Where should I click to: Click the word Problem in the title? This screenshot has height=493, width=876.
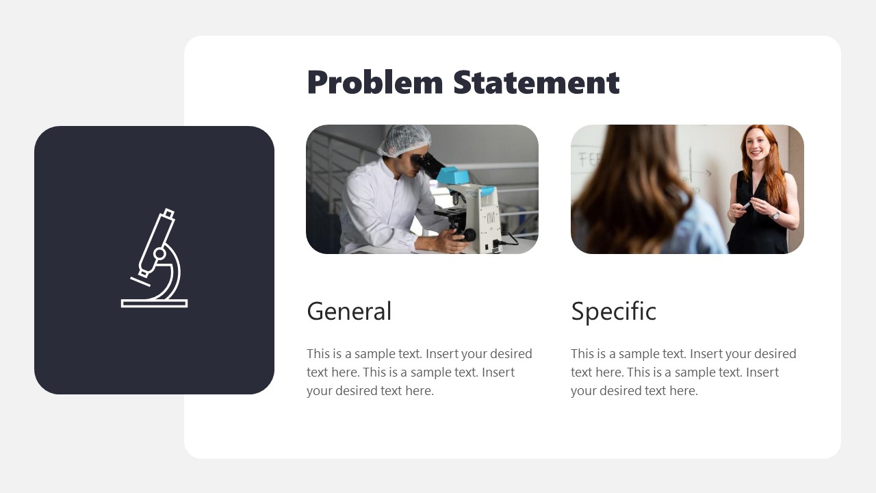pyautogui.click(x=375, y=83)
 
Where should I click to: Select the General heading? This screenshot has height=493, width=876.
pyautogui.click(x=349, y=311)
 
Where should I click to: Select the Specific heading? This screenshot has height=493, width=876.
pyautogui.click(x=613, y=311)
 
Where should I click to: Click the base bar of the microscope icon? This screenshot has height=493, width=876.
pyautogui.click(x=154, y=303)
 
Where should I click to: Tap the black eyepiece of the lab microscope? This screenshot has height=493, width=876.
pyautogui.click(x=429, y=164)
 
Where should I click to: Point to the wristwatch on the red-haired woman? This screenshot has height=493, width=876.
pyautogui.click(x=775, y=214)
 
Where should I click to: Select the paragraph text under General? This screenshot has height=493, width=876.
pyautogui.click(x=419, y=372)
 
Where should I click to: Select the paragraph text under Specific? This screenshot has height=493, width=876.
pyautogui.click(x=683, y=372)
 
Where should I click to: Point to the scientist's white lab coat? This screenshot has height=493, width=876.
pyautogui.click(x=376, y=205)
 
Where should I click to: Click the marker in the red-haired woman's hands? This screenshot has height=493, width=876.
pyautogui.click(x=747, y=205)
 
